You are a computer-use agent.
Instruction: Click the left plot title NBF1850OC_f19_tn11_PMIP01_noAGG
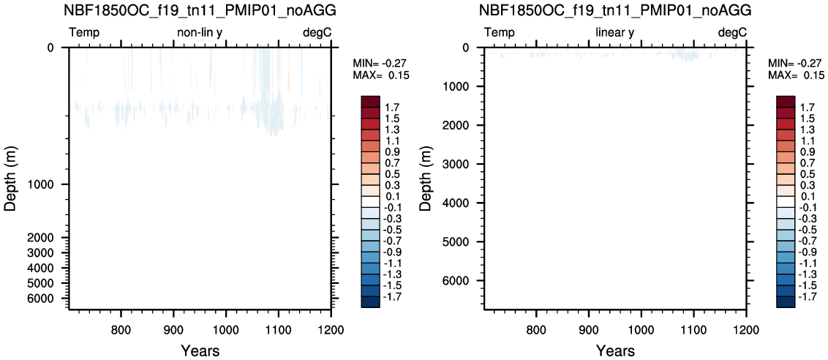click(x=200, y=10)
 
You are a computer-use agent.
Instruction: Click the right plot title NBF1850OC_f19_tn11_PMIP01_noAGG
click(x=615, y=10)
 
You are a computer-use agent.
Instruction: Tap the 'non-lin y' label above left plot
click(x=200, y=34)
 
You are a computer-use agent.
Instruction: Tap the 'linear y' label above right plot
click(x=615, y=34)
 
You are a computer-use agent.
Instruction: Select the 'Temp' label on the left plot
click(x=85, y=34)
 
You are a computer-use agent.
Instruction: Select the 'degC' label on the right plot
click(x=732, y=34)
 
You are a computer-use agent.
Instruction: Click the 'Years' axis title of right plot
click(x=615, y=350)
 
